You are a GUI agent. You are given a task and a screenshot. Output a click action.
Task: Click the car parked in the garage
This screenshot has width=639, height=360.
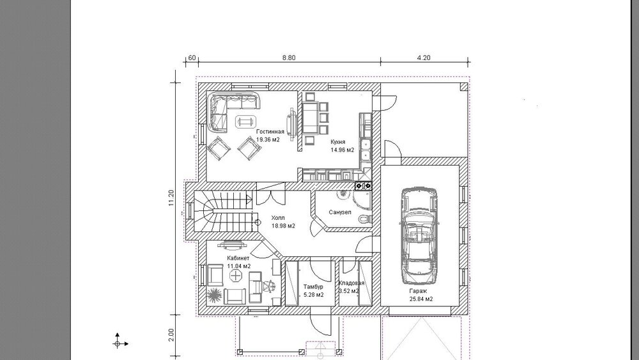[420, 236]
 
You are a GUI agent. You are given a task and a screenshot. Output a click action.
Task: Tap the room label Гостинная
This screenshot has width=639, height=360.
[270, 132]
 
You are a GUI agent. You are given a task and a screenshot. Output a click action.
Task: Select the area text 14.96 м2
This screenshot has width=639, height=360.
[343, 150]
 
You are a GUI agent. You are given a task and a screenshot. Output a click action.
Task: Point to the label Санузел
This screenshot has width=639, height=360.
[340, 212]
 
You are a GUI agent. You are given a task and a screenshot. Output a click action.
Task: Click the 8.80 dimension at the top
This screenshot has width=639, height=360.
[289, 58]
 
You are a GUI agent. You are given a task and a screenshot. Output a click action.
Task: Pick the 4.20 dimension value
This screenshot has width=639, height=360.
[424, 58]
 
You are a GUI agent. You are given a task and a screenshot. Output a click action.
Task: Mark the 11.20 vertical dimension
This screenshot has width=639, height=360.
[171, 198]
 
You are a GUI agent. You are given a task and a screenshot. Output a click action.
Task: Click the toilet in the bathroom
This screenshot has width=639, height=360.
[365, 219]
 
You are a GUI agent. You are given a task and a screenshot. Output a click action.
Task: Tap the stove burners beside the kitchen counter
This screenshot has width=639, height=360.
[363, 186]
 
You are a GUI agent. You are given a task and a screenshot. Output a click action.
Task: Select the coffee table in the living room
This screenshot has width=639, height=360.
[245, 121]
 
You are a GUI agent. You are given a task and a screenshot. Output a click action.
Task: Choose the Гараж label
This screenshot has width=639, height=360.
[418, 291]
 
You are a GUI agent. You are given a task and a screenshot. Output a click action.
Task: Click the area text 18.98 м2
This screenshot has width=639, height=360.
[283, 226]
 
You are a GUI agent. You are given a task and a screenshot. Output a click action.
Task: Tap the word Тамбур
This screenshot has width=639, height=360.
[313, 286]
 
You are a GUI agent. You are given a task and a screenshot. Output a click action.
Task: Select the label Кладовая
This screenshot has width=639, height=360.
[351, 283]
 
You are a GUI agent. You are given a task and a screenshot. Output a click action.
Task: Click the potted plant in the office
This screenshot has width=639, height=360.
[214, 294]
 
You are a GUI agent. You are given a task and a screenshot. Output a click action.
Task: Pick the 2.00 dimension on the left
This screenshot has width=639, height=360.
[171, 334]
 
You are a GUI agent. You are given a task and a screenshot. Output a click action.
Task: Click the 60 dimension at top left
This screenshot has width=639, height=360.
[192, 58]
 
